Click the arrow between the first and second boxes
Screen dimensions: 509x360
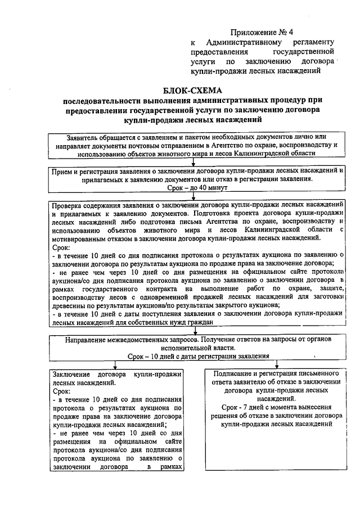193,162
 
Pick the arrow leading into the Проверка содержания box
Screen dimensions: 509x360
193,196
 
